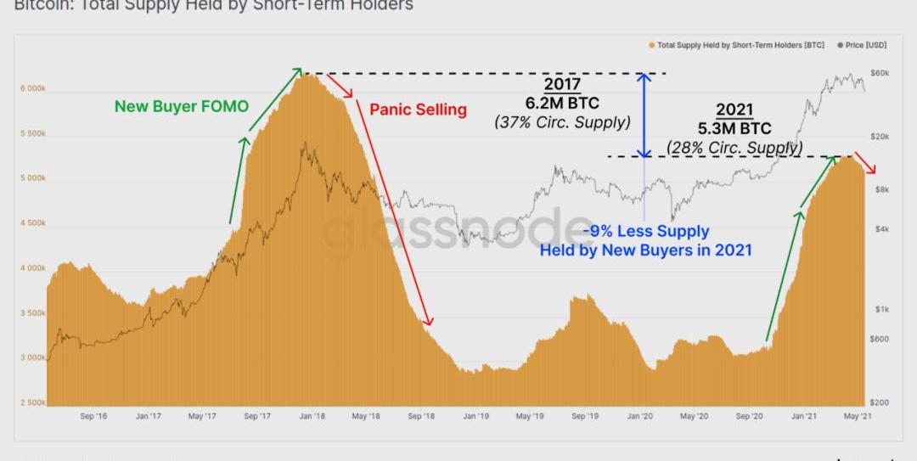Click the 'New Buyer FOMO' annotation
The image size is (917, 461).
[182, 106]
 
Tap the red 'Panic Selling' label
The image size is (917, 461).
[418, 110]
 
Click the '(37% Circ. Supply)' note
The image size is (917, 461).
[562, 121]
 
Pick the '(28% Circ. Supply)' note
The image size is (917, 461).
[735, 147]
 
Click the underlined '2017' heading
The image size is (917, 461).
[562, 86]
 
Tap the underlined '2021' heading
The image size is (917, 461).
[734, 110]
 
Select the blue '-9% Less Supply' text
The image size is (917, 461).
[645, 232]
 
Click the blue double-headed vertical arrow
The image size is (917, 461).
[644, 115]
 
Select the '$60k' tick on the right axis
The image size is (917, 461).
[880, 73]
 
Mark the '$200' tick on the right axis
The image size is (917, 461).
[880, 402]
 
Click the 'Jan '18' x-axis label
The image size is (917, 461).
[312, 417]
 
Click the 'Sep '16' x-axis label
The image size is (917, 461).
[93, 417]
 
